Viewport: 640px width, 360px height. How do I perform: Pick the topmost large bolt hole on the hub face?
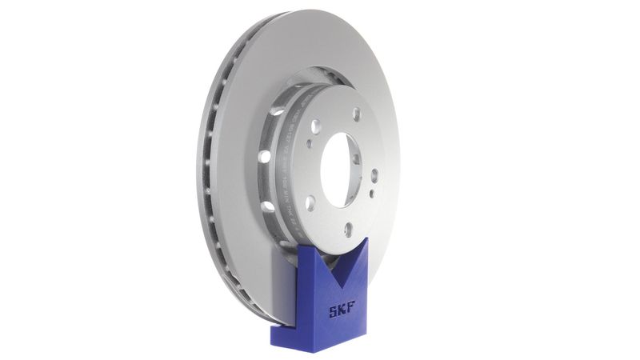(356, 114)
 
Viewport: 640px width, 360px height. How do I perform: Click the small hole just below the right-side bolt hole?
(373, 194)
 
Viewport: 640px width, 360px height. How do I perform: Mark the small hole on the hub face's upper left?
(309, 145)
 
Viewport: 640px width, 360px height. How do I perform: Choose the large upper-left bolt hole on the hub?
(316, 126)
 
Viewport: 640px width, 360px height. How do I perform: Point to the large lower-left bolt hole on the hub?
(310, 202)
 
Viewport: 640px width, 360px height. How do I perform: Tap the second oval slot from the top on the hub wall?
(265, 156)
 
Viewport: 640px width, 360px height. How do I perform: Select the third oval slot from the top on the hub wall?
(267, 206)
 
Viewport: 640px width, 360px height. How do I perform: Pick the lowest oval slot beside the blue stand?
(282, 242)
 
